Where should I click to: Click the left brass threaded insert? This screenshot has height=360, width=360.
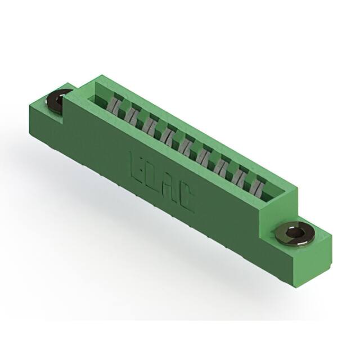coord(58,102)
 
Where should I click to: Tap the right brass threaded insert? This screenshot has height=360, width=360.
coord(295,233)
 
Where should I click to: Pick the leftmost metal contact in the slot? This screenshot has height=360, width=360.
coord(115,105)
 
